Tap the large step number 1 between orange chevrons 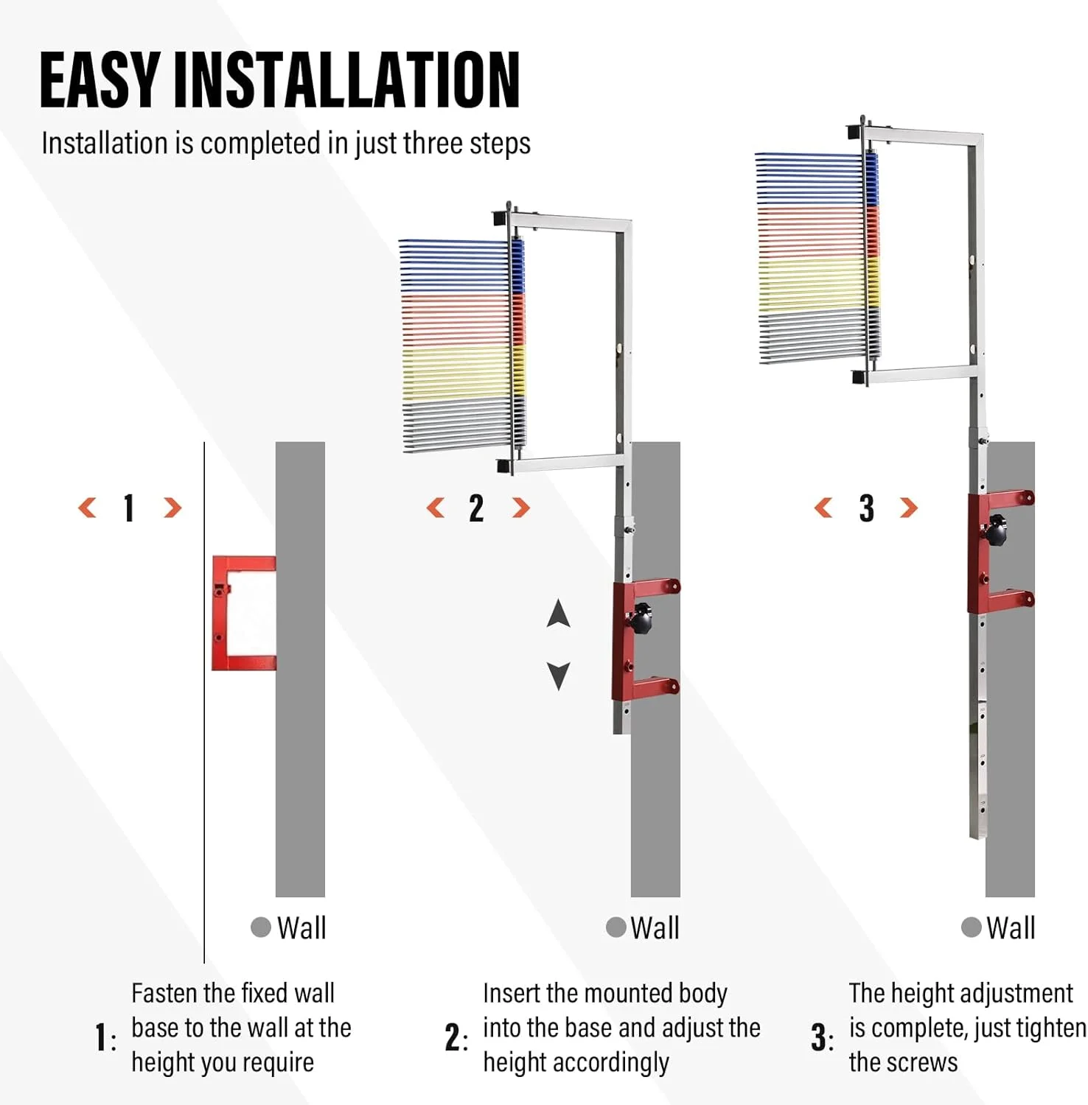[129, 508]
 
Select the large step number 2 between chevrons [476, 508]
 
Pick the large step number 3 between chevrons [866, 508]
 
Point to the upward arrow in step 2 [559, 614]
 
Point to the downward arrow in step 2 [559, 675]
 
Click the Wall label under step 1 [301, 927]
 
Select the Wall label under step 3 [1011, 927]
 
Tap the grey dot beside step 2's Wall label [616, 927]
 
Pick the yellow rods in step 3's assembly [811, 284]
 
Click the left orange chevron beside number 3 [823, 508]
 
